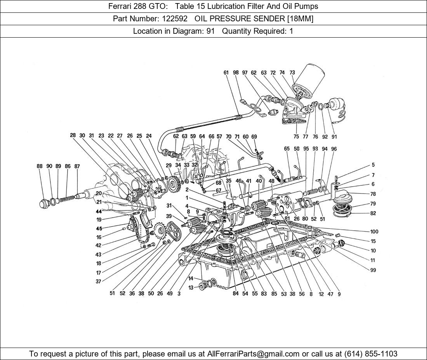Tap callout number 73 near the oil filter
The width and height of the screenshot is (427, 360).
point(292,73)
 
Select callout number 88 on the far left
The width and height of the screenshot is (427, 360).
point(40,166)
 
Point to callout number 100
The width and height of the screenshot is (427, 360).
point(374,232)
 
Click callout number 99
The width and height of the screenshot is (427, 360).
point(373,270)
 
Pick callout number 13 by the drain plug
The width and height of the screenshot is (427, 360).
point(191,287)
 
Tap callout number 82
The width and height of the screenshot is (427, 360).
point(373,213)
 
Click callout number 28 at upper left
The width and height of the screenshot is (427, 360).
point(73,135)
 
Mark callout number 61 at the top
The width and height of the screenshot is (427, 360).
point(226,73)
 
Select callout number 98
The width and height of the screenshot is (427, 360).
point(236,73)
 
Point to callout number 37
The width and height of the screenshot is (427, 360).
point(99,282)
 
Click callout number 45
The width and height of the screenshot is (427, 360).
point(99,228)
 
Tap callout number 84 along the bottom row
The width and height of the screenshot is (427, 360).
point(236,294)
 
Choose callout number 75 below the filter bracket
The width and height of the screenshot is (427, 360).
point(296,137)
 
